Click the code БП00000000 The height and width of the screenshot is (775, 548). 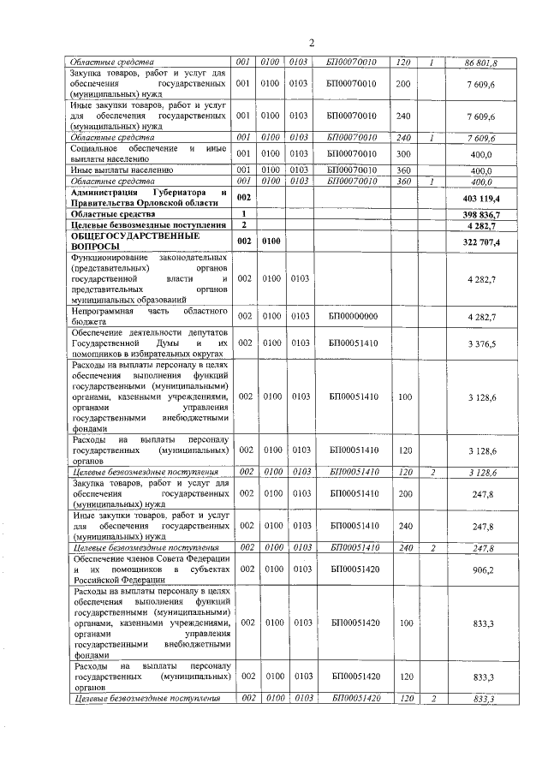pyautogui.click(x=353, y=316)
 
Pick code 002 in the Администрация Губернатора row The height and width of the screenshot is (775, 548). pyautogui.click(x=245, y=198)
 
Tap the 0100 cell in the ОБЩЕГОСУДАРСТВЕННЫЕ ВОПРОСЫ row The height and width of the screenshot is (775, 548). pyautogui.click(x=271, y=242)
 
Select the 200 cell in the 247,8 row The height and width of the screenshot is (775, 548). pyautogui.click(x=403, y=494)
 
